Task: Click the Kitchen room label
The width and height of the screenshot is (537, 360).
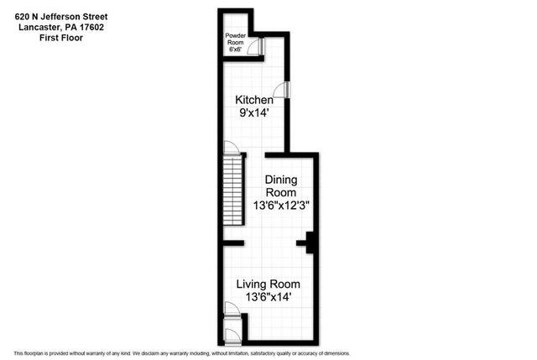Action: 253,101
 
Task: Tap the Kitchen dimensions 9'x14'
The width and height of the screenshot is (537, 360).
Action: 253,115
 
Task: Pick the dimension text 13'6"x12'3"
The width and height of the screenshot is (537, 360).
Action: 283,204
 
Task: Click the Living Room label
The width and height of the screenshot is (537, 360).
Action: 268,284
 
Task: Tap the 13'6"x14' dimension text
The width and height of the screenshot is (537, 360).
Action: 268,298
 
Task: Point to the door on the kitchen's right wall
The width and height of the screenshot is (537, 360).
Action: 286,90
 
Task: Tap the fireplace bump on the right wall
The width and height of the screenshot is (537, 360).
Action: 310,243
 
